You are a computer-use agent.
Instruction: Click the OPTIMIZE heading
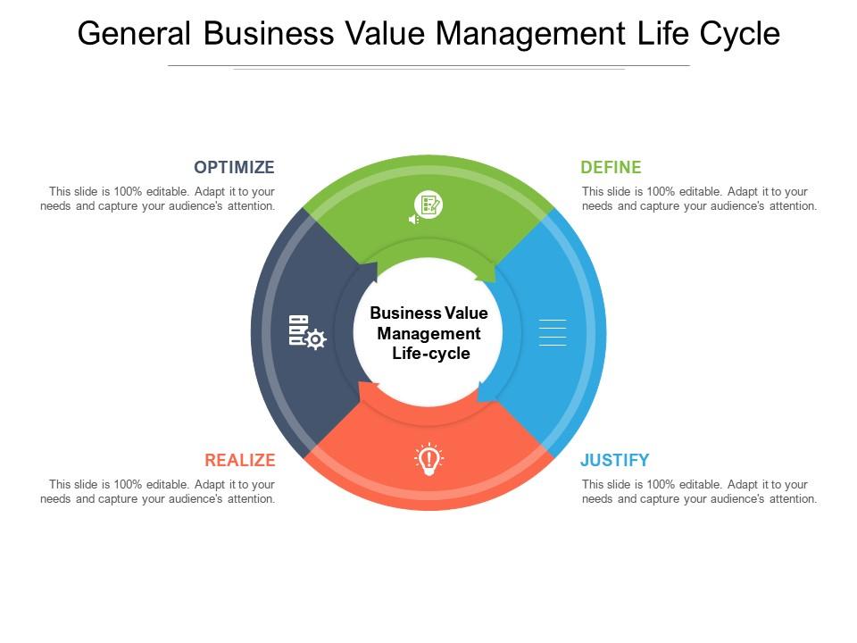(x=234, y=167)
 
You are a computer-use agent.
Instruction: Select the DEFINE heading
(x=611, y=167)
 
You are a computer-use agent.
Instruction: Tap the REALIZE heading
(x=239, y=460)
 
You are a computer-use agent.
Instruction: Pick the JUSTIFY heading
(x=614, y=460)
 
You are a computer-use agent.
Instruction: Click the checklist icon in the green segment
(x=429, y=205)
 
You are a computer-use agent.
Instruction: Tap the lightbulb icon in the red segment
(x=428, y=459)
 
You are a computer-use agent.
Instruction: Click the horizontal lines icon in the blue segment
(x=553, y=332)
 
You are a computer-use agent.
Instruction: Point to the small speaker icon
(x=413, y=219)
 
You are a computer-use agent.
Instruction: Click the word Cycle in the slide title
(x=740, y=33)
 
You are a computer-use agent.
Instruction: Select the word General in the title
(x=134, y=33)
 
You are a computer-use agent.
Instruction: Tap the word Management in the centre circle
(x=428, y=333)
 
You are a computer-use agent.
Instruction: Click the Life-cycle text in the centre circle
(x=431, y=354)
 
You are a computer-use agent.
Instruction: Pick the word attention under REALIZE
(x=247, y=499)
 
